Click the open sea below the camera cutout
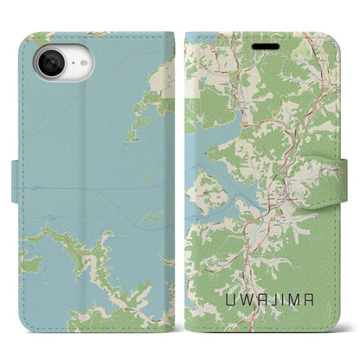[69, 156]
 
